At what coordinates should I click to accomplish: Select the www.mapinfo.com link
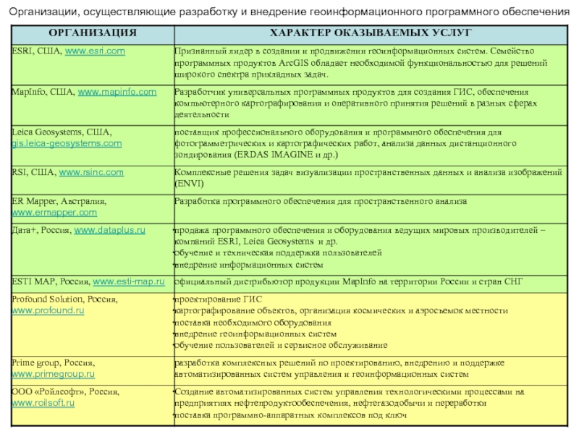click(117, 92)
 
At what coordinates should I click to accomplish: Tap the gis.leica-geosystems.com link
click(67, 144)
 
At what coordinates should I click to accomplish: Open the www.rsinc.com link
click(91, 172)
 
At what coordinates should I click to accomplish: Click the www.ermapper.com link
click(54, 213)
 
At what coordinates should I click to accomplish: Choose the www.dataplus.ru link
click(111, 229)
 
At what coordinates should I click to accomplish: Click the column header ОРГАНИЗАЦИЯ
click(92, 33)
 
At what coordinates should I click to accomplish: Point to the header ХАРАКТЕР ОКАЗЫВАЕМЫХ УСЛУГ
click(370, 33)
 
